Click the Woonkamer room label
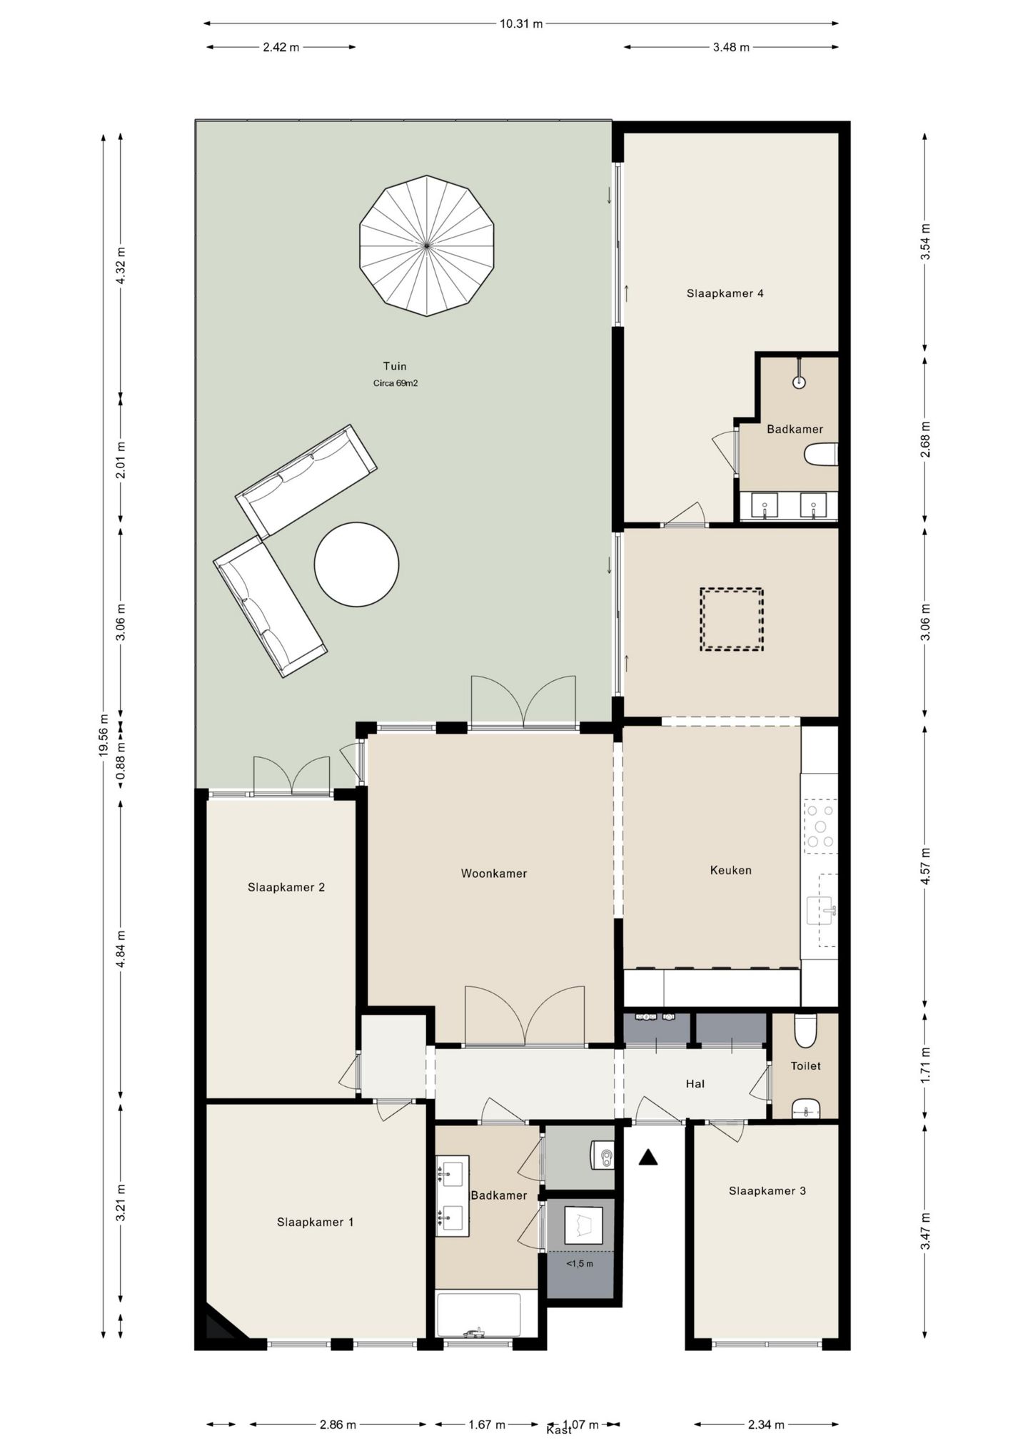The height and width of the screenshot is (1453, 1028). pos(494,874)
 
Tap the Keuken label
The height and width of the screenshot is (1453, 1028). pos(730,870)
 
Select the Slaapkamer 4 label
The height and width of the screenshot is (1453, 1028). pos(725,293)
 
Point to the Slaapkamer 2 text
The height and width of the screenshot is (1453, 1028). pos(286,887)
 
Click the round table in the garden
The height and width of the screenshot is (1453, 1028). pos(356,565)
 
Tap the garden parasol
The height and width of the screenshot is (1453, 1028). pos(427,245)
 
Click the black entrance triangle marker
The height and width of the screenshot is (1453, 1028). pos(647,1157)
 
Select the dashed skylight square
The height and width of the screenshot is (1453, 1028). pos(732,619)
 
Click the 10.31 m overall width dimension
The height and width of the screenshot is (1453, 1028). pos(521,24)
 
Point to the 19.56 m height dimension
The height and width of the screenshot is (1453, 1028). pos(104,735)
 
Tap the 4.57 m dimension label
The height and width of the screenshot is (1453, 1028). pos(925,866)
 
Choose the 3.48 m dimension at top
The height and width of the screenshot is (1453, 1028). pos(731,47)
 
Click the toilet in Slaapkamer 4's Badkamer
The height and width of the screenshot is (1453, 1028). pos(821,455)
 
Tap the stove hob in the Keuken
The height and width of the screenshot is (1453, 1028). pos(821,826)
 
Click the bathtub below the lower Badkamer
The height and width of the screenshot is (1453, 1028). pos(478,1315)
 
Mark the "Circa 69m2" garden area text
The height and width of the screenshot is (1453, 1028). pos(395,383)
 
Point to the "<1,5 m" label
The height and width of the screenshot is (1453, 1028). pos(580,1263)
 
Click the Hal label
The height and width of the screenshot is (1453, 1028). pos(695,1083)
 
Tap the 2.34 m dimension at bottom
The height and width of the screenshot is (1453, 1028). pos(766,1424)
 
